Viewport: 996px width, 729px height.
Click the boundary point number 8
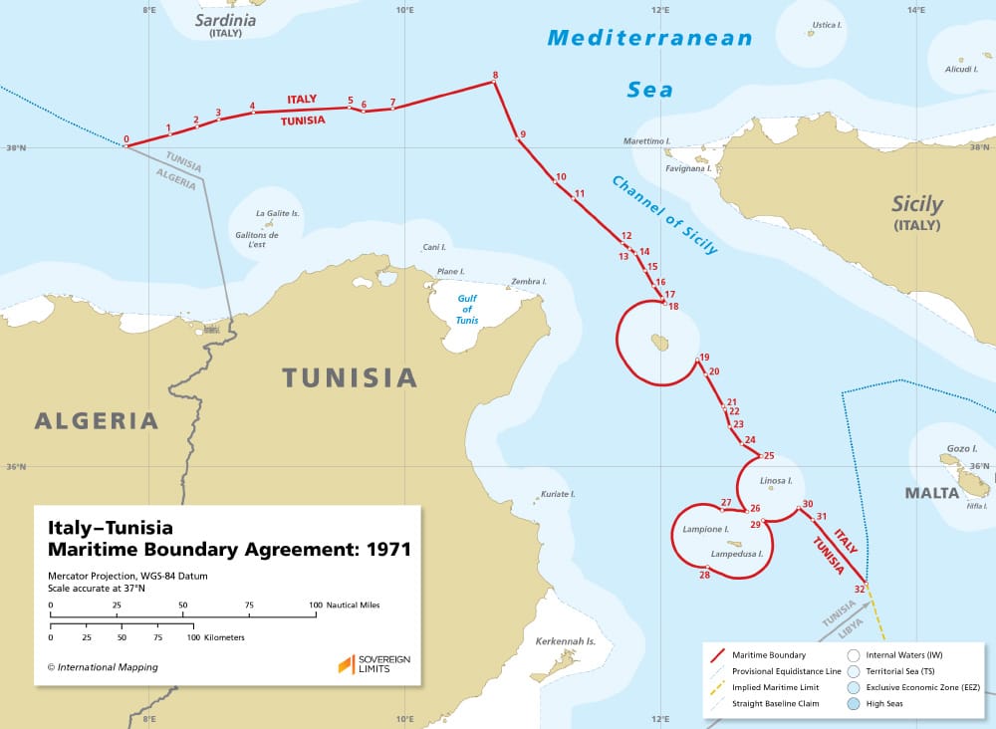click(495, 82)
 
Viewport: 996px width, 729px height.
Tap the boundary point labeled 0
click(125, 146)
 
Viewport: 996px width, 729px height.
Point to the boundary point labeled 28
click(705, 568)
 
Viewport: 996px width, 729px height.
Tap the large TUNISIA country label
click(349, 378)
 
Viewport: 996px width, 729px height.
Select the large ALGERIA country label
click(97, 420)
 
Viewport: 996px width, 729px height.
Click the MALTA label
click(931, 493)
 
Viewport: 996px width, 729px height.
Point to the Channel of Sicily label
click(664, 215)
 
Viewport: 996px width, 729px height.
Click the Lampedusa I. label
click(737, 554)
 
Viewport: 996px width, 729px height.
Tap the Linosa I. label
click(776, 481)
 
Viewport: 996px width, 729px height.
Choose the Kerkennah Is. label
click(565, 641)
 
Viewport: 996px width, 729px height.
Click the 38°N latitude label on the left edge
click(16, 147)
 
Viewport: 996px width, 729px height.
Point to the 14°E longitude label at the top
click(916, 10)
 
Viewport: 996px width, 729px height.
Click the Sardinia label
click(225, 20)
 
